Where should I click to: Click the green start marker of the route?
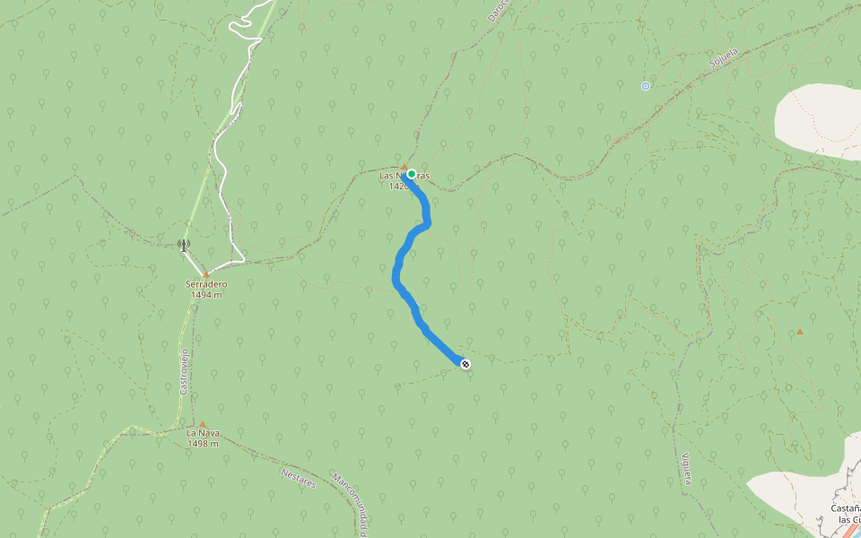click(x=412, y=174)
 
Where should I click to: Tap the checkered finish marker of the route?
click(x=465, y=363)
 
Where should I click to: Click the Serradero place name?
click(x=206, y=284)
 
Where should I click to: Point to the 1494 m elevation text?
click(x=206, y=294)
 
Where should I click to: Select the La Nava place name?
click(x=203, y=433)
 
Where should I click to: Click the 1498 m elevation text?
click(x=203, y=443)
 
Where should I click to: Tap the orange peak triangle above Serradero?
click(x=205, y=274)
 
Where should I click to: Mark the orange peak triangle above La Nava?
click(x=203, y=423)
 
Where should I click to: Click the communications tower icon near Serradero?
click(x=183, y=244)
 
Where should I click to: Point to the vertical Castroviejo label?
click(x=183, y=371)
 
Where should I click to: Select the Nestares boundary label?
click(x=299, y=478)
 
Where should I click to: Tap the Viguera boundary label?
click(x=683, y=467)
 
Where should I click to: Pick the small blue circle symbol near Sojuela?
click(x=645, y=86)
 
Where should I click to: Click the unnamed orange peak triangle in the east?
click(x=800, y=332)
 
